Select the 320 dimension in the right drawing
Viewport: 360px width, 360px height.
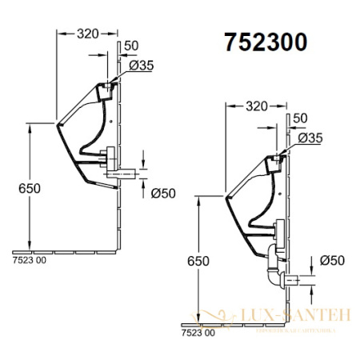tap(256, 105)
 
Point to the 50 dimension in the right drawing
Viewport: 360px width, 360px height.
tap(301, 118)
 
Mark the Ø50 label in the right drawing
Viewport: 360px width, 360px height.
tap(334, 260)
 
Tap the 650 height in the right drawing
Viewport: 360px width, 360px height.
tap(200, 261)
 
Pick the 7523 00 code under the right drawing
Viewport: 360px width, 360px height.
tap(198, 331)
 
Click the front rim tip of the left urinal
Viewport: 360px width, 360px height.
tap(57, 124)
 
